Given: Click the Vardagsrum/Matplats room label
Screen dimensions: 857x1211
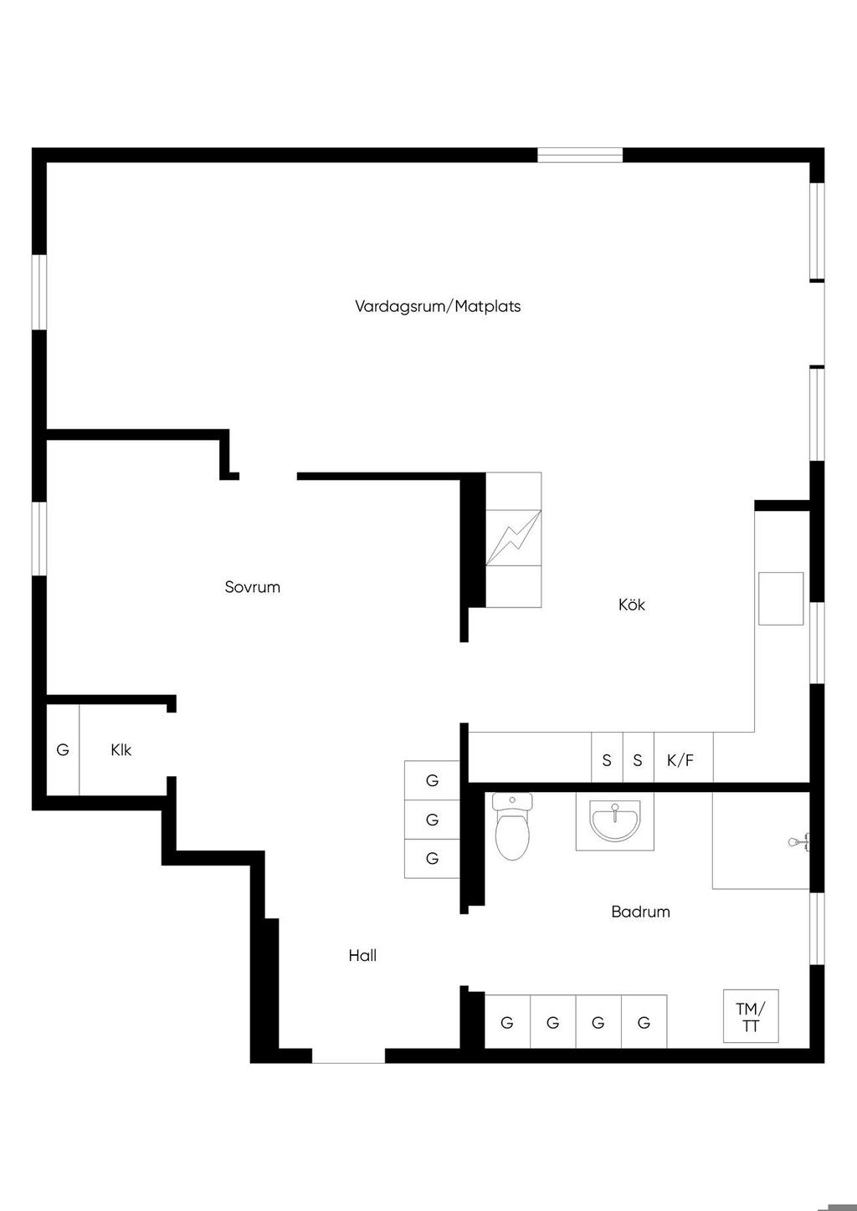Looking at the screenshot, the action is [438, 307].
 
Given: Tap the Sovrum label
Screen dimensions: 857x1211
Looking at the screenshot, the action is [253, 587].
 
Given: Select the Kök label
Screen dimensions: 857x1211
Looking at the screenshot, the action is [632, 604].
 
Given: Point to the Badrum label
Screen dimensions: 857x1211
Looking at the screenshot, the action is [640, 912].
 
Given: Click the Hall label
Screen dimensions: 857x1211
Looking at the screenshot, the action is [362, 956].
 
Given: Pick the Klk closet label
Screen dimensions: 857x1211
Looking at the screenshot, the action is [121, 750].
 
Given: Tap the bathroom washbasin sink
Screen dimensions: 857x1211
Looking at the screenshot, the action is [615, 822].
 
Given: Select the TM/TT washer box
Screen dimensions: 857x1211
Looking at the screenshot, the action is [751, 1016].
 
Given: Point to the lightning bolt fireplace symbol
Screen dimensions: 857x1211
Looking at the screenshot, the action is [513, 538].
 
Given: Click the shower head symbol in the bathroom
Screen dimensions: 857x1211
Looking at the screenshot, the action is [799, 842].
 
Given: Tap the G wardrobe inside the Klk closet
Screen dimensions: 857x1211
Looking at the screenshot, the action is [63, 750].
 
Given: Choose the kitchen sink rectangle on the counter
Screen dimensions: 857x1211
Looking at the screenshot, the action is [781, 599].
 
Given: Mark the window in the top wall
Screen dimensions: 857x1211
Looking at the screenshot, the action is [580, 156].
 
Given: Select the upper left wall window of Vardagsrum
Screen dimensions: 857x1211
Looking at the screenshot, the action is [39, 292].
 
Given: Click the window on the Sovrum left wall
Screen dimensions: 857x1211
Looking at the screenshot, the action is [39, 539].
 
